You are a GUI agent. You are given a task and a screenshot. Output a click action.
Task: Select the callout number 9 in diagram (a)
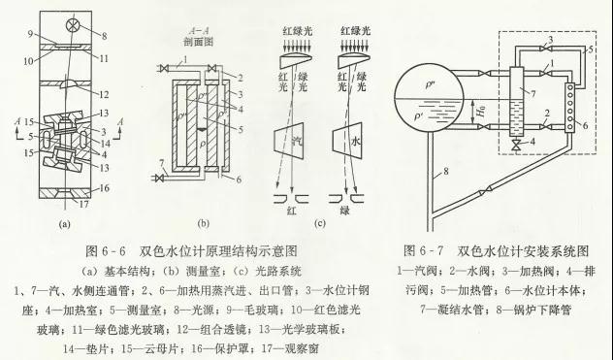(31, 35)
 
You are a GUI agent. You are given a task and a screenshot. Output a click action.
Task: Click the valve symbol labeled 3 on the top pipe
(549, 47)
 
